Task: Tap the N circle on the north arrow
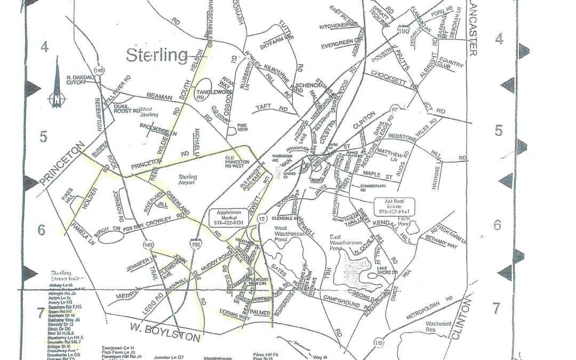click(x=55, y=98)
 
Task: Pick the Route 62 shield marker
click(x=395, y=110)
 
